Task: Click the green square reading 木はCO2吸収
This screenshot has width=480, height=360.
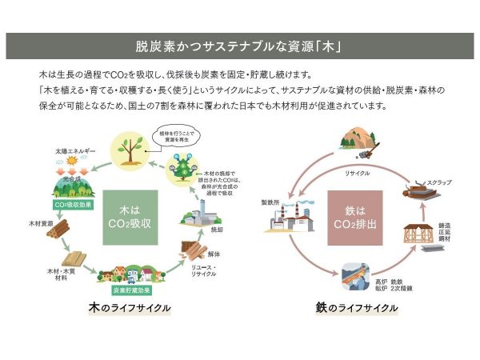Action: (130, 216)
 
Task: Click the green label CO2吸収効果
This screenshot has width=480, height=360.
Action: (72, 205)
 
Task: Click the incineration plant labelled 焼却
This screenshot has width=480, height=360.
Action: (198, 217)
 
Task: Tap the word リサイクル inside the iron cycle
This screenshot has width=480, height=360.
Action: (358, 173)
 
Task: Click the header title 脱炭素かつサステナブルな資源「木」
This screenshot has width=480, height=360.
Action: (240, 46)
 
